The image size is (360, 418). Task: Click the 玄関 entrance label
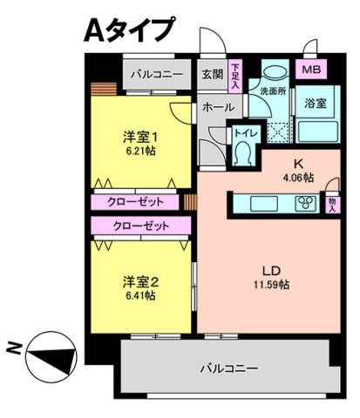(x=213, y=74)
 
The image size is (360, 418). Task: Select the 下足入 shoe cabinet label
(x=236, y=75)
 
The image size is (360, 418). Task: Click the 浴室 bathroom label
(x=315, y=103)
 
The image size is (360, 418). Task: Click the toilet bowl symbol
(x=243, y=153)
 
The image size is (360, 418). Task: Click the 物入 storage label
(x=332, y=204)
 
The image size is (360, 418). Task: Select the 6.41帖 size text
(x=139, y=296)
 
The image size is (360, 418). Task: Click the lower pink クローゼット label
(x=141, y=226)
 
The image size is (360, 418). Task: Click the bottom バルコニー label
(x=228, y=368)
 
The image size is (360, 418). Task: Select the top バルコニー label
(x=157, y=74)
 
